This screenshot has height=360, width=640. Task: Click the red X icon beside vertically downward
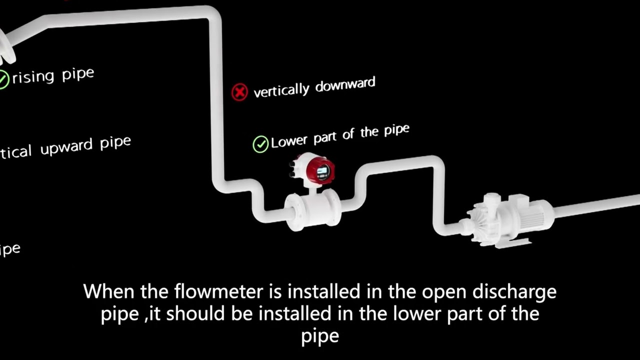[239, 92]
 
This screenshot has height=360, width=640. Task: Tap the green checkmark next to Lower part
[260, 144]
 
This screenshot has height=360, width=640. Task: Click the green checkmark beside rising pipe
[3, 79]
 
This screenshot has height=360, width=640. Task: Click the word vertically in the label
[281, 90]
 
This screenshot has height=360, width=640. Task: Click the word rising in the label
[33, 77]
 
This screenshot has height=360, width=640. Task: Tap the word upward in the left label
[67, 147]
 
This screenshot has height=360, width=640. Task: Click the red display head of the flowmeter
[320, 170]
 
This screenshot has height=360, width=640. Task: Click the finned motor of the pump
[533, 215]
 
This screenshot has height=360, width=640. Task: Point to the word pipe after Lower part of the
[396, 131]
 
